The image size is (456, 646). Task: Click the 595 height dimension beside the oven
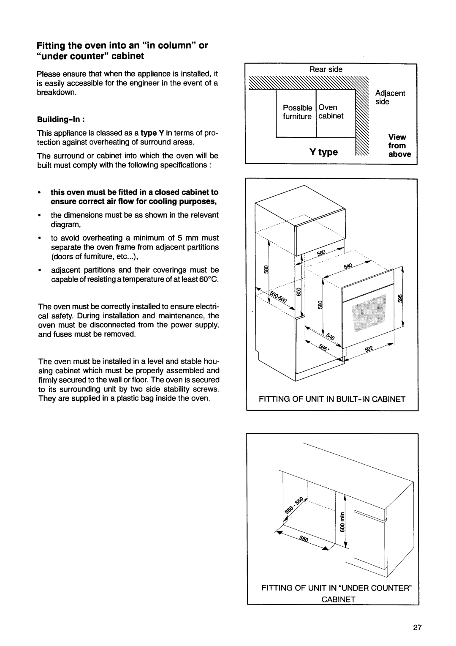(401, 298)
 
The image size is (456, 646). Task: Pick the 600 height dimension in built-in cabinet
(298, 292)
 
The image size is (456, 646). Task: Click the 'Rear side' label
(326, 69)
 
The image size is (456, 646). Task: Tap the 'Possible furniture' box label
(297, 112)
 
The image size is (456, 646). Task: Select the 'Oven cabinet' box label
(331, 112)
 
